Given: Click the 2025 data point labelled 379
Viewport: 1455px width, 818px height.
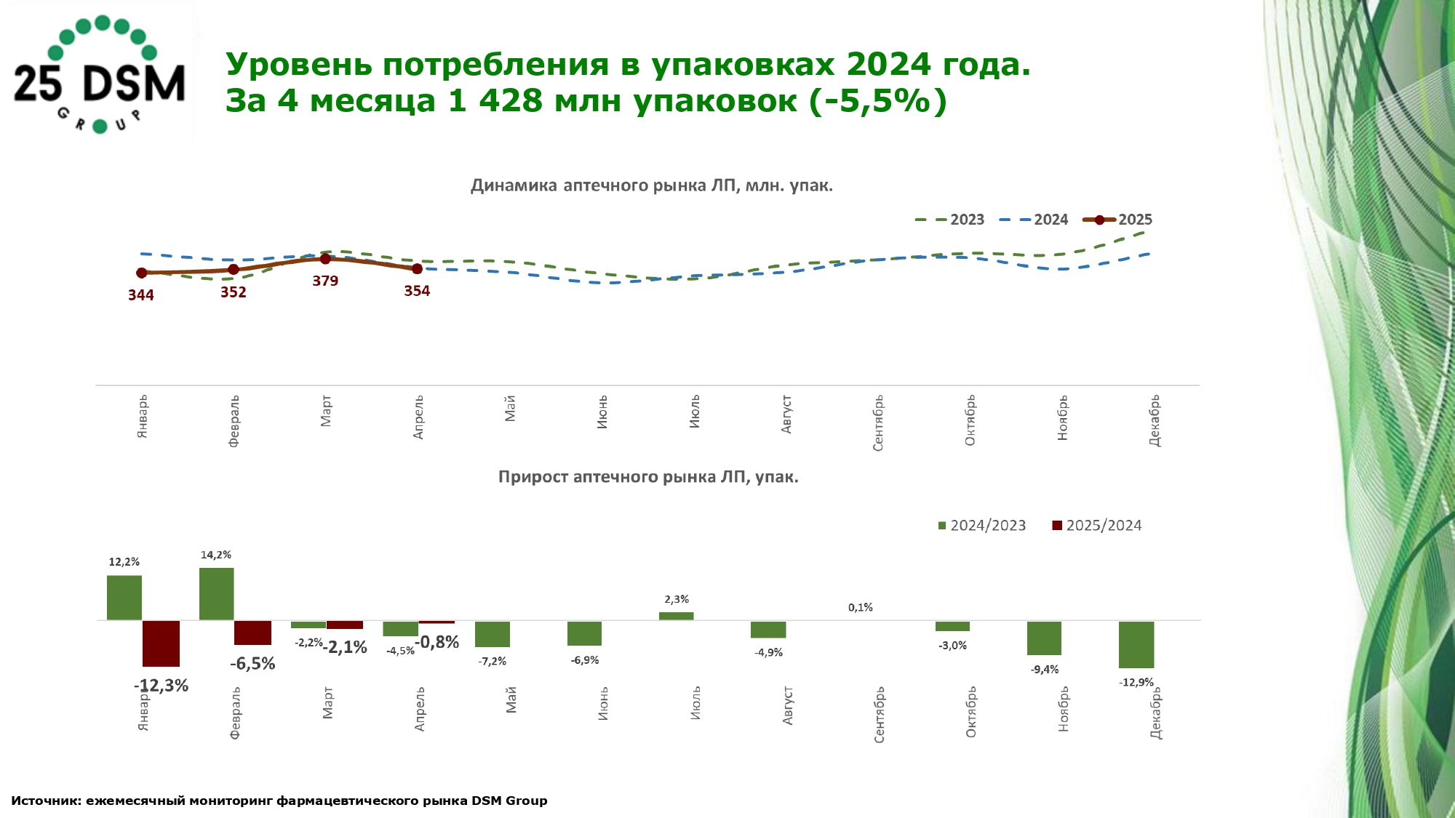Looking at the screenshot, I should point(325,259).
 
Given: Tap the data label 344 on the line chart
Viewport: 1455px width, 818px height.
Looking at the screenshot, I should point(141,295).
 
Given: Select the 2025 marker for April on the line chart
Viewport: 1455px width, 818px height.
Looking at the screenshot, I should point(417,269).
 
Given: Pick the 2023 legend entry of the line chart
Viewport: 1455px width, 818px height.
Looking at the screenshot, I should point(950,220).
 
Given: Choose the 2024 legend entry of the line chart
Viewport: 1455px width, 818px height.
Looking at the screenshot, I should point(1035,220).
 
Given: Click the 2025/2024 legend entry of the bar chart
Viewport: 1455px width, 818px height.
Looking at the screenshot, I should point(1097,526).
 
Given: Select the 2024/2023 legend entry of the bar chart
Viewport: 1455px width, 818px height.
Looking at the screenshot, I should point(982,526).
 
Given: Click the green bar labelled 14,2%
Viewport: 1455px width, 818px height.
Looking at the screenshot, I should point(216,594).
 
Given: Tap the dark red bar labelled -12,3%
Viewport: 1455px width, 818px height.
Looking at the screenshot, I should point(161,643).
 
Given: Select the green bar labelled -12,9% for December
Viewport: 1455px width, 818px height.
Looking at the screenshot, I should point(1136,644).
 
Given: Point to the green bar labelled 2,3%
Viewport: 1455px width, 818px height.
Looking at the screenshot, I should point(676,616).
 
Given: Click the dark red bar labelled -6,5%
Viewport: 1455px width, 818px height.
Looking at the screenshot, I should point(252,633).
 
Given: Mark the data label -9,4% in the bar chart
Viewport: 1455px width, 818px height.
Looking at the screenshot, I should point(1045,670).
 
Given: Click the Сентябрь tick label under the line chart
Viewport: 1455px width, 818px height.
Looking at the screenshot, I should point(879,422).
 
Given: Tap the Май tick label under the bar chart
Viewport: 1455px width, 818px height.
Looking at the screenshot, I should point(511,699).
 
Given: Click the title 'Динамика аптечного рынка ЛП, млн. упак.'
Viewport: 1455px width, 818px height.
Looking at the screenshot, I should point(651,185).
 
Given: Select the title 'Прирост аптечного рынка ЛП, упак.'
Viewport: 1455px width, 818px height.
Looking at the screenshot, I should point(648,477).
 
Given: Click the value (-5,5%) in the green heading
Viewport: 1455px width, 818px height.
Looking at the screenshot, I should point(878,100).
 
